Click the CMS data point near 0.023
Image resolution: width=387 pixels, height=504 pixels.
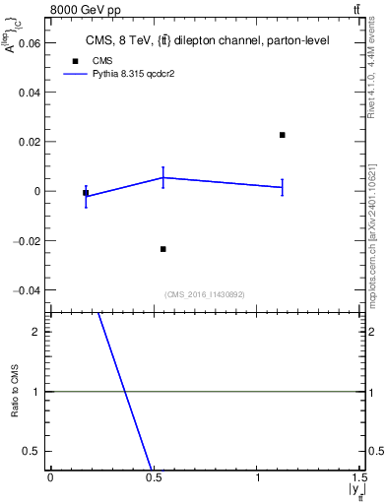coord(283,135)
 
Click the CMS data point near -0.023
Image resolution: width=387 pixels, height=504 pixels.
coord(163,249)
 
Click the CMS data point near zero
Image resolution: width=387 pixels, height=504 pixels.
coord(86,193)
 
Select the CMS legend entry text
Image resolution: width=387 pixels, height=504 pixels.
coord(102,60)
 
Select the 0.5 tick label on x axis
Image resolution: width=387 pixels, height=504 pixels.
coord(154,477)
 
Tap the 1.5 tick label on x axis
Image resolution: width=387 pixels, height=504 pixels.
coord(359,477)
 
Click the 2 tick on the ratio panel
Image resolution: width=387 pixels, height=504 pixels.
coord(36,333)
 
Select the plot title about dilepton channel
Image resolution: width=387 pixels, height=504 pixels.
coord(206,40)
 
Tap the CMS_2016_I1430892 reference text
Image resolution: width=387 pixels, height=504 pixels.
coord(205,294)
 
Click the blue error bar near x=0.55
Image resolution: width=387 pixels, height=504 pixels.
coord(163,177)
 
